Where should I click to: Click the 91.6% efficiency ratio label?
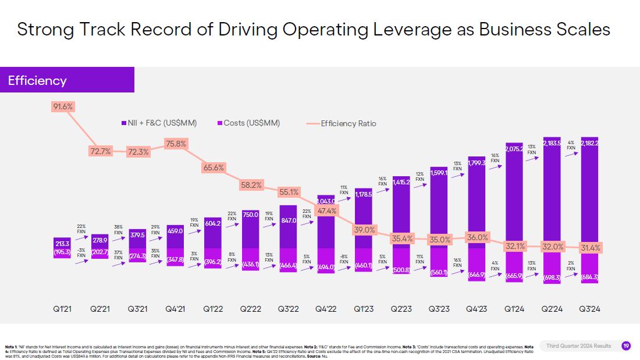click(63, 107)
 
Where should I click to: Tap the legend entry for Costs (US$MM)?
click(248, 123)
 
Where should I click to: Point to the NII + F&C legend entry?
click(159, 123)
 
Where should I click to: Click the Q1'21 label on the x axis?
click(62, 309)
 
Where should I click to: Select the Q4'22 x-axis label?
click(326, 309)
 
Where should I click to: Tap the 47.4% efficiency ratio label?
click(326, 211)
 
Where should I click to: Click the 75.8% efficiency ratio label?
click(175, 144)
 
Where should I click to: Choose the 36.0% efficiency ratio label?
click(478, 237)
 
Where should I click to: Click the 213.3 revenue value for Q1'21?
click(62, 243)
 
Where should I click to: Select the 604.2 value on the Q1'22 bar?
click(213, 223)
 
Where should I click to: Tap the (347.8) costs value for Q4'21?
click(175, 259)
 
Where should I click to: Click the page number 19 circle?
click(625, 346)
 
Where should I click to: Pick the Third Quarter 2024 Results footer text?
click(578, 346)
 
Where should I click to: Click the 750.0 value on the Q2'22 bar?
click(250, 215)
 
